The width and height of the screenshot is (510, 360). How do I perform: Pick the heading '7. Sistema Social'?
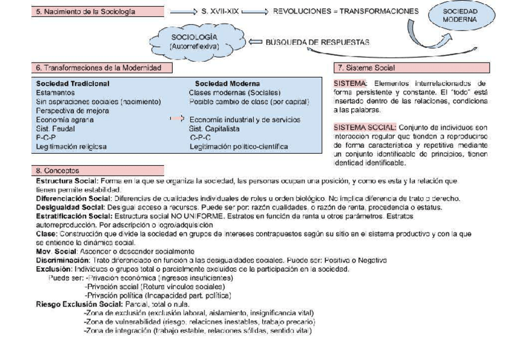pos(366,68)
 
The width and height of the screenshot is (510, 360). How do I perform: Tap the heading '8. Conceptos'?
pos(56,171)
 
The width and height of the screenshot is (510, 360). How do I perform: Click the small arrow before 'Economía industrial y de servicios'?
pos(176,120)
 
